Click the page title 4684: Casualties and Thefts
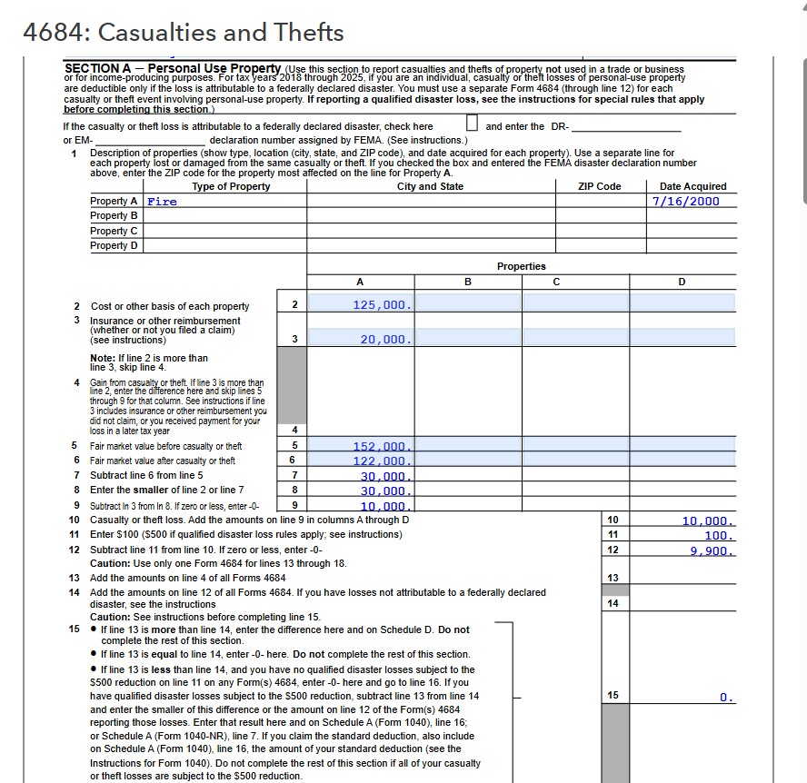(x=184, y=33)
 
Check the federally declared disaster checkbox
(x=471, y=125)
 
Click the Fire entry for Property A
(x=163, y=202)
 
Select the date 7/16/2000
(x=686, y=201)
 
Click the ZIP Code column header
(x=599, y=186)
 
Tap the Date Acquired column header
(x=692, y=186)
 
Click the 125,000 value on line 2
(x=383, y=305)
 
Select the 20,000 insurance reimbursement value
(x=386, y=338)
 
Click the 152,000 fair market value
(x=383, y=446)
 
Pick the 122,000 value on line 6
(x=383, y=461)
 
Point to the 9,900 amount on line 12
(x=710, y=550)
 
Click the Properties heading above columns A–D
(x=522, y=266)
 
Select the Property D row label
(x=115, y=245)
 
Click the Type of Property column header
(x=231, y=186)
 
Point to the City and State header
(x=430, y=186)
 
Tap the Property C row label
(x=115, y=231)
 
